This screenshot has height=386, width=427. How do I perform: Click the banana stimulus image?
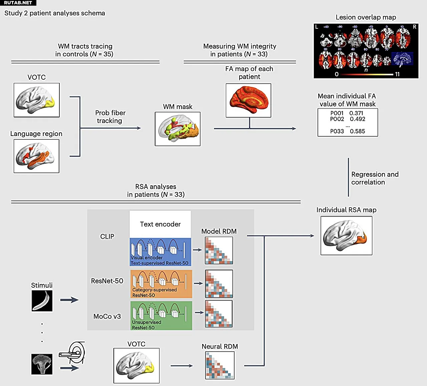tap(42, 301)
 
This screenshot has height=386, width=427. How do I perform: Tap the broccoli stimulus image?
tap(42, 364)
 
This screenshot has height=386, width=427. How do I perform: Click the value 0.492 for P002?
tap(357, 119)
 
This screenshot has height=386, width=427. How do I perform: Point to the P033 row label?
tap(337, 131)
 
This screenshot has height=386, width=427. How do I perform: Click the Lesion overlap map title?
tap(366, 17)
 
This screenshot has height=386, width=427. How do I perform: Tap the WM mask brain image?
tap(177, 129)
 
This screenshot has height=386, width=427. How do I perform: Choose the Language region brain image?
tap(36, 156)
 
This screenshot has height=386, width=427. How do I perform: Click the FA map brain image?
tap(249, 100)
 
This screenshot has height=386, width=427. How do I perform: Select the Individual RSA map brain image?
tap(346, 236)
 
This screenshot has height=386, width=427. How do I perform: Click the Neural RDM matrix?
tap(220, 365)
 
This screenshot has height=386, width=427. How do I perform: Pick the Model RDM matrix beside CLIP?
tap(219, 251)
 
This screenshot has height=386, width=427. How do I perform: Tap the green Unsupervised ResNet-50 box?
tap(161, 316)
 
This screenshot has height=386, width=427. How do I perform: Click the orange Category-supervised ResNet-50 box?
tap(161, 284)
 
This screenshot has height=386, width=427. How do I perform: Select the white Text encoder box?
tap(160, 224)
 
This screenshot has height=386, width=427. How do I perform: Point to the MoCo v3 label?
tap(107, 316)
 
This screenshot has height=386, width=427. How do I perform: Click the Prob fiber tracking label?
tap(110, 117)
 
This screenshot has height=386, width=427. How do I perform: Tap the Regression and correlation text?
tap(375, 178)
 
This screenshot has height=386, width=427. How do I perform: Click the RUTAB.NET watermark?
tap(18, 3)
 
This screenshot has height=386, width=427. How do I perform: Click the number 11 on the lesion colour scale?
tap(397, 74)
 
